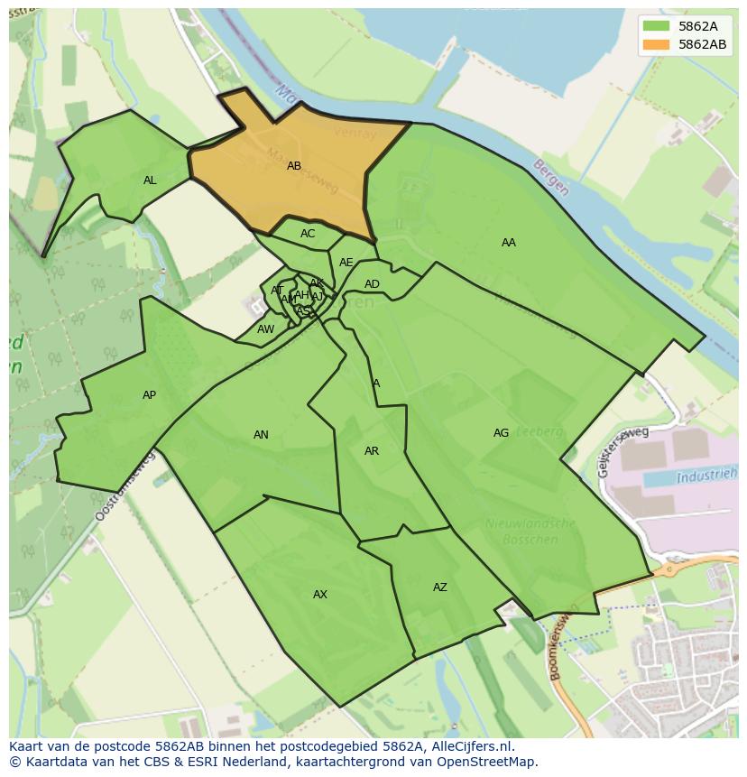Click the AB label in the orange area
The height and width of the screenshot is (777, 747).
[x=294, y=166]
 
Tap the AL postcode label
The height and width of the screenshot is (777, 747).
[x=150, y=180]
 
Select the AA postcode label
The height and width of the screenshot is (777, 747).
[x=509, y=243]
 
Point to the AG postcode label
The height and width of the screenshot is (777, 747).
[x=501, y=433]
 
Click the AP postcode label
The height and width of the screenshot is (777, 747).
[x=150, y=395]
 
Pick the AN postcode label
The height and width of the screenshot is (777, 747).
[x=261, y=435]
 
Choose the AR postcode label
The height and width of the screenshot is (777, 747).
[x=372, y=451]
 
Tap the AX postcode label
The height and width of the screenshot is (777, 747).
[x=320, y=595]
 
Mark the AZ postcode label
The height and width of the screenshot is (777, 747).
[x=440, y=587]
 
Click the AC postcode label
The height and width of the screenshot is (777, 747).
[x=308, y=234]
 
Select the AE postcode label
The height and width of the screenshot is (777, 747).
[x=346, y=263]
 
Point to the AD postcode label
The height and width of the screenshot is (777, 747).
[x=372, y=284]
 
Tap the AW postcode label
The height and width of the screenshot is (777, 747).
[x=265, y=329]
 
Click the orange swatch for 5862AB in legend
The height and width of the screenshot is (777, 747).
[x=657, y=44]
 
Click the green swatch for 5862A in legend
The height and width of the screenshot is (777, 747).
[x=657, y=25]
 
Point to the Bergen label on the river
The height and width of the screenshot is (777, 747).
[x=550, y=178]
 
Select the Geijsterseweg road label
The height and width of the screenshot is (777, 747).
[x=622, y=451]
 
